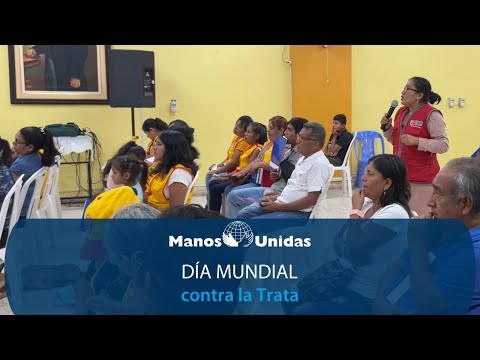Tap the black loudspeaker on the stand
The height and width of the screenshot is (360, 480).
pyautogui.click(x=131, y=78)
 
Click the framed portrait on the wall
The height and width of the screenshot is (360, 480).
pyautogui.click(x=59, y=72)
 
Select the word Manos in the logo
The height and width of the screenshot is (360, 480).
pyautogui.click(x=194, y=241)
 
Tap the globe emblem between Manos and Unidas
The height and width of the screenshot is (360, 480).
pyautogui.click(x=238, y=234)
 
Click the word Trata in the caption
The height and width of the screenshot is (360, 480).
pyautogui.click(x=276, y=296)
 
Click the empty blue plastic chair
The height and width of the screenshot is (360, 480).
pyautogui.click(x=369, y=155)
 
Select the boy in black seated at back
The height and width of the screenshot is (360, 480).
pyautogui.click(x=340, y=140)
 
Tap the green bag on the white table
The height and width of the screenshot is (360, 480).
pyautogui.click(x=65, y=129)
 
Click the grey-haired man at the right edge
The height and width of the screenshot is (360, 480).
pyautogui.click(x=456, y=200)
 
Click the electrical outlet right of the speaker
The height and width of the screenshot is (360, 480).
pyautogui.click(x=456, y=102)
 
